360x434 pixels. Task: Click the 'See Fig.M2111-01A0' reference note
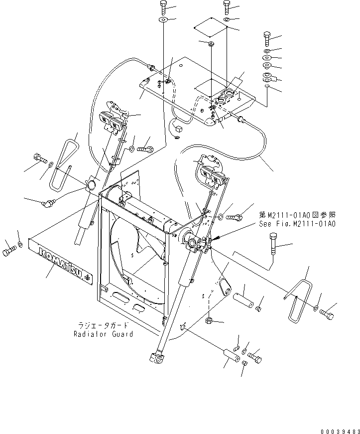click(x=297, y=224)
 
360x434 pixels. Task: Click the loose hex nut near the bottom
click(x=210, y=319)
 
